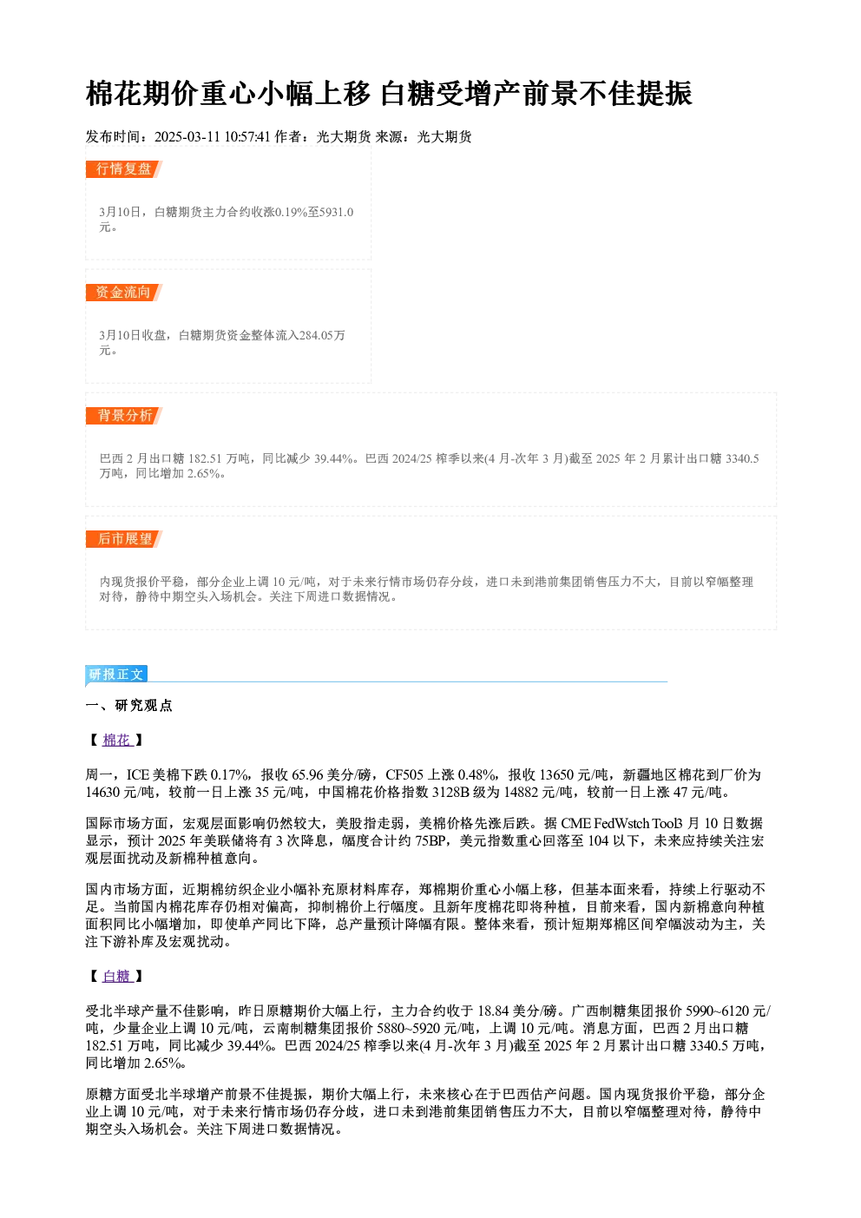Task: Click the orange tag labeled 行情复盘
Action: (x=124, y=169)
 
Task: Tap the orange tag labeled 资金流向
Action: (x=124, y=293)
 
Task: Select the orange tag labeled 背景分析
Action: (x=124, y=416)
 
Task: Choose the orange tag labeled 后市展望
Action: (x=124, y=539)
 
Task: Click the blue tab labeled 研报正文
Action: (x=116, y=675)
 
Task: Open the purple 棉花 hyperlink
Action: (x=118, y=740)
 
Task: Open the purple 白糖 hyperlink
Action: (x=118, y=977)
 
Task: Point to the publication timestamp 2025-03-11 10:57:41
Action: (x=212, y=137)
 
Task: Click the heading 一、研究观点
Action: (x=128, y=706)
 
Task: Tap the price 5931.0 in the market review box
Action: (x=336, y=212)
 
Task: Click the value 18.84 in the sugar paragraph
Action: (x=493, y=1011)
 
